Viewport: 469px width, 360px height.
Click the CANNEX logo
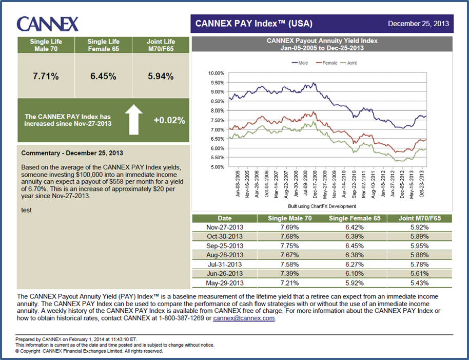(x=47, y=24)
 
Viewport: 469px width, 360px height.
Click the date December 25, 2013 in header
(x=418, y=24)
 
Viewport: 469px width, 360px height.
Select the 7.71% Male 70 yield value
(x=46, y=76)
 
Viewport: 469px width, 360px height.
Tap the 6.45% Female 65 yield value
(x=103, y=76)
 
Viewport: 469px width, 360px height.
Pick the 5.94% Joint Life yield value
(x=161, y=76)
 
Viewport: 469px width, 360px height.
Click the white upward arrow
(x=133, y=120)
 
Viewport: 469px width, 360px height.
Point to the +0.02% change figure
(x=169, y=120)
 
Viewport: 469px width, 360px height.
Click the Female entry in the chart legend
(x=329, y=63)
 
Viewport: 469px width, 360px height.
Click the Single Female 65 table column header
(x=355, y=218)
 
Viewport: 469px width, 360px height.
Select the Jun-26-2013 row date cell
(x=225, y=273)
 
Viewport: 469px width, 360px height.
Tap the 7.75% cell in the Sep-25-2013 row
(x=289, y=245)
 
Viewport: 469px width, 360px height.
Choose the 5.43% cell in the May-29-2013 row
(x=419, y=282)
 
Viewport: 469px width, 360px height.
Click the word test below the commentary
(x=26, y=210)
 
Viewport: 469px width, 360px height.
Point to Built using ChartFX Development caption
(x=322, y=206)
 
